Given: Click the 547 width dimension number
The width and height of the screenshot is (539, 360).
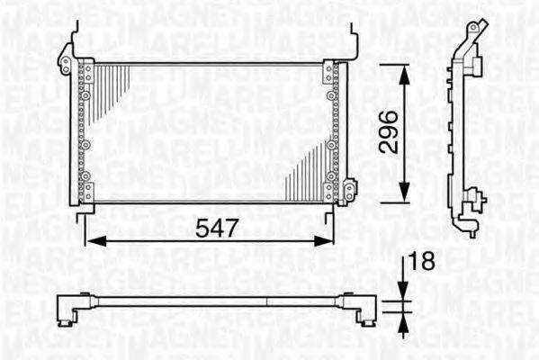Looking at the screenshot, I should point(217,229).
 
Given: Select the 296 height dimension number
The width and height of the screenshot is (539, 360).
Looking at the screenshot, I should point(387,133).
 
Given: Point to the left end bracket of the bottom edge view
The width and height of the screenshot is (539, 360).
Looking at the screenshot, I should point(68,310).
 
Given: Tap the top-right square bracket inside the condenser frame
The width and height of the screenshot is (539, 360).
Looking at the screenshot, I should point(328,73).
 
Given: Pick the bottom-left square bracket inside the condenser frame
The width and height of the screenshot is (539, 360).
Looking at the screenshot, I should point(87,192).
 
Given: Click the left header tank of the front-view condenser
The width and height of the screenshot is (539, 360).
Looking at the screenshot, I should point(82,132).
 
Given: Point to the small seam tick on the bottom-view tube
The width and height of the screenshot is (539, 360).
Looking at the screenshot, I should point(270,302).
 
